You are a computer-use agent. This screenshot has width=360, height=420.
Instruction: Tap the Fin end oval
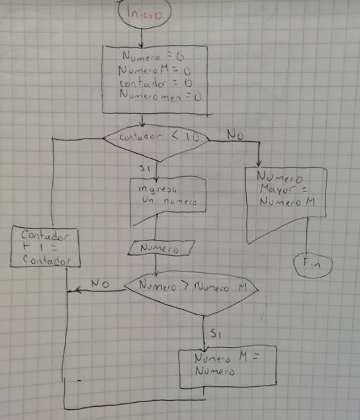point(312,262)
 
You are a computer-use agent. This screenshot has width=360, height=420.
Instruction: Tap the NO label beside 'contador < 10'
point(235,134)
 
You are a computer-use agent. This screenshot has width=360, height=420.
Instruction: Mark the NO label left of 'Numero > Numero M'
point(101,283)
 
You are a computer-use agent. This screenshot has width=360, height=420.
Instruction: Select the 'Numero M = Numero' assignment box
point(228,366)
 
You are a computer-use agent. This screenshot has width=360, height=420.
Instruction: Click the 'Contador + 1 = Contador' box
point(46,246)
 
